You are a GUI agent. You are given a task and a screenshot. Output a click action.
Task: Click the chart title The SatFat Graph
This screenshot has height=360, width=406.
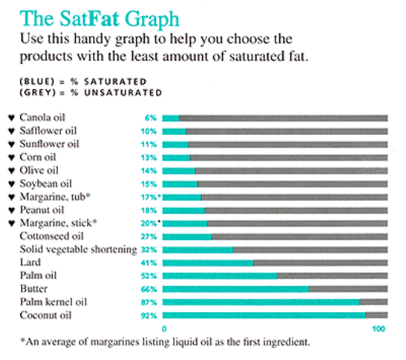[x=100, y=19]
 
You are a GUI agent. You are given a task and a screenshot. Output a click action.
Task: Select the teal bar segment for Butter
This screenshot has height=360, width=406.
[x=236, y=289]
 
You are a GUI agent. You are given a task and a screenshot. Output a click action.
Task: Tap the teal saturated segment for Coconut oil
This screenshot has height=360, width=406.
[x=264, y=315]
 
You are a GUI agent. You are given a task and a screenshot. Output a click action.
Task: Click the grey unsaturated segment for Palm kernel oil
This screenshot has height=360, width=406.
[x=374, y=302]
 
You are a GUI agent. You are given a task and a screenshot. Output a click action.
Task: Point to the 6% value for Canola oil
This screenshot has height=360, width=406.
[x=151, y=118]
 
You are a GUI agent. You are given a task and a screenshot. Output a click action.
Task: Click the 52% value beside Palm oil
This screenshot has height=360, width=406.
[x=149, y=276]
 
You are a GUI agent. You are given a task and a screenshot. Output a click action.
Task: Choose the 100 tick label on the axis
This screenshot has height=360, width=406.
[x=379, y=329]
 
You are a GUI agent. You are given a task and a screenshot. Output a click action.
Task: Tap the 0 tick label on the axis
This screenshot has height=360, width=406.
[x=164, y=329]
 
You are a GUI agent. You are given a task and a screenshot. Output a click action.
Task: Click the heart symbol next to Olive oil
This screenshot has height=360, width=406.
[x=11, y=171]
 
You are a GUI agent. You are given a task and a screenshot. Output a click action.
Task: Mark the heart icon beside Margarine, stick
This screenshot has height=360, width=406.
[x=11, y=223]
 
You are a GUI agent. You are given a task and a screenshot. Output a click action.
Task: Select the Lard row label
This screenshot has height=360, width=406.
[x=30, y=262]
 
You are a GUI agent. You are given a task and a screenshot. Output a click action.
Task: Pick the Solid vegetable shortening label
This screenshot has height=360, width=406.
[x=79, y=250]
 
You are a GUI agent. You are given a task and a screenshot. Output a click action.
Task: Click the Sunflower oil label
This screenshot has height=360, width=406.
[x=50, y=144]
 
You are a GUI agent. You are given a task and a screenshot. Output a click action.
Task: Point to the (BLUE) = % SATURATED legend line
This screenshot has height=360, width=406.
[x=83, y=82]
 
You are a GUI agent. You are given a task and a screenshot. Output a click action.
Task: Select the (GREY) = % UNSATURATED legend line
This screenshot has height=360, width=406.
[x=91, y=93]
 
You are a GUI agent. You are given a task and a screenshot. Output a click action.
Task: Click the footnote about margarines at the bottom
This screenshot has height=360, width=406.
[x=165, y=342]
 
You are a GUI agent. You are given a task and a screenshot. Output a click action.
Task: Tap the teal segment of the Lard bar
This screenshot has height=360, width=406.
[x=208, y=262]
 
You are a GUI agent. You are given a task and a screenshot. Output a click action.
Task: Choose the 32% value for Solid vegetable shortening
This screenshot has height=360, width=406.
[x=149, y=250]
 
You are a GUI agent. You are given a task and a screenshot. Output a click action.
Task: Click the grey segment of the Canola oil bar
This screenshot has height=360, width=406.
[x=284, y=118]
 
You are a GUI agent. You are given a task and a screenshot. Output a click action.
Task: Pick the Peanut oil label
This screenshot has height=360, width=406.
[x=42, y=210]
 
